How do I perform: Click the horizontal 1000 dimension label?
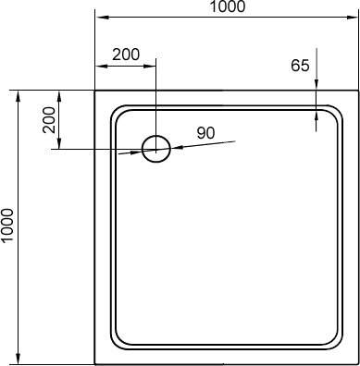[x=228, y=6]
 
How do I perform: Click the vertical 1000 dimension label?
[x=7, y=226]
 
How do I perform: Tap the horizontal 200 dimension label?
[x=126, y=55]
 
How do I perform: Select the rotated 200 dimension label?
[x=49, y=119]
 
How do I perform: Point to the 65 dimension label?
[x=300, y=66]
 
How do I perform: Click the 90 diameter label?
[x=205, y=133]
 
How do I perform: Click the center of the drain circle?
[x=155, y=149]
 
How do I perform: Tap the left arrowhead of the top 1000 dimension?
[x=102, y=17]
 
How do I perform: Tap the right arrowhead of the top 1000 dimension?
[x=352, y=17]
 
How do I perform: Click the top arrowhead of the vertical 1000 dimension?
[x=19, y=97]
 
